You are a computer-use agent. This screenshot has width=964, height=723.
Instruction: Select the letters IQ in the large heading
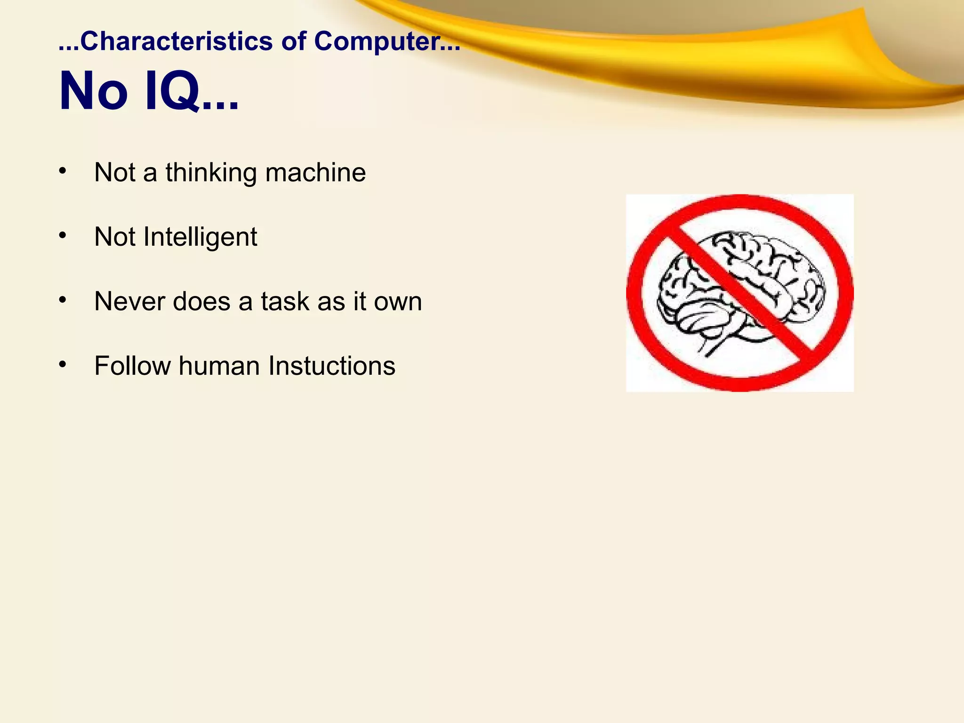pyautogui.click(x=172, y=91)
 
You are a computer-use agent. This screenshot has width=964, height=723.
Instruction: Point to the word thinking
pyautogui.click(x=211, y=173)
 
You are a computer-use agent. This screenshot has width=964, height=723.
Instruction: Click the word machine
pyautogui.click(x=315, y=173)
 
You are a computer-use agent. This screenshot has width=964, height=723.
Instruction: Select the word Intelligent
pyautogui.click(x=200, y=237)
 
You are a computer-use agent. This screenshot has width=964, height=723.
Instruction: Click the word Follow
pyautogui.click(x=132, y=366)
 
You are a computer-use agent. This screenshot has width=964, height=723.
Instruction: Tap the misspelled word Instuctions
pyautogui.click(x=332, y=366)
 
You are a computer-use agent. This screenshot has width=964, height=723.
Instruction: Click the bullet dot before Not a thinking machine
pyautogui.click(x=63, y=171)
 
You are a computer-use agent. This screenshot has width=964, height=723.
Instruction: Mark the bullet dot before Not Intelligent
pyautogui.click(x=63, y=235)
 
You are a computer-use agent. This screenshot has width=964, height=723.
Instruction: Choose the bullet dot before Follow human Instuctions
pyautogui.click(x=63, y=364)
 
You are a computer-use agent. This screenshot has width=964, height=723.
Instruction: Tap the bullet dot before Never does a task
pyautogui.click(x=63, y=300)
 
